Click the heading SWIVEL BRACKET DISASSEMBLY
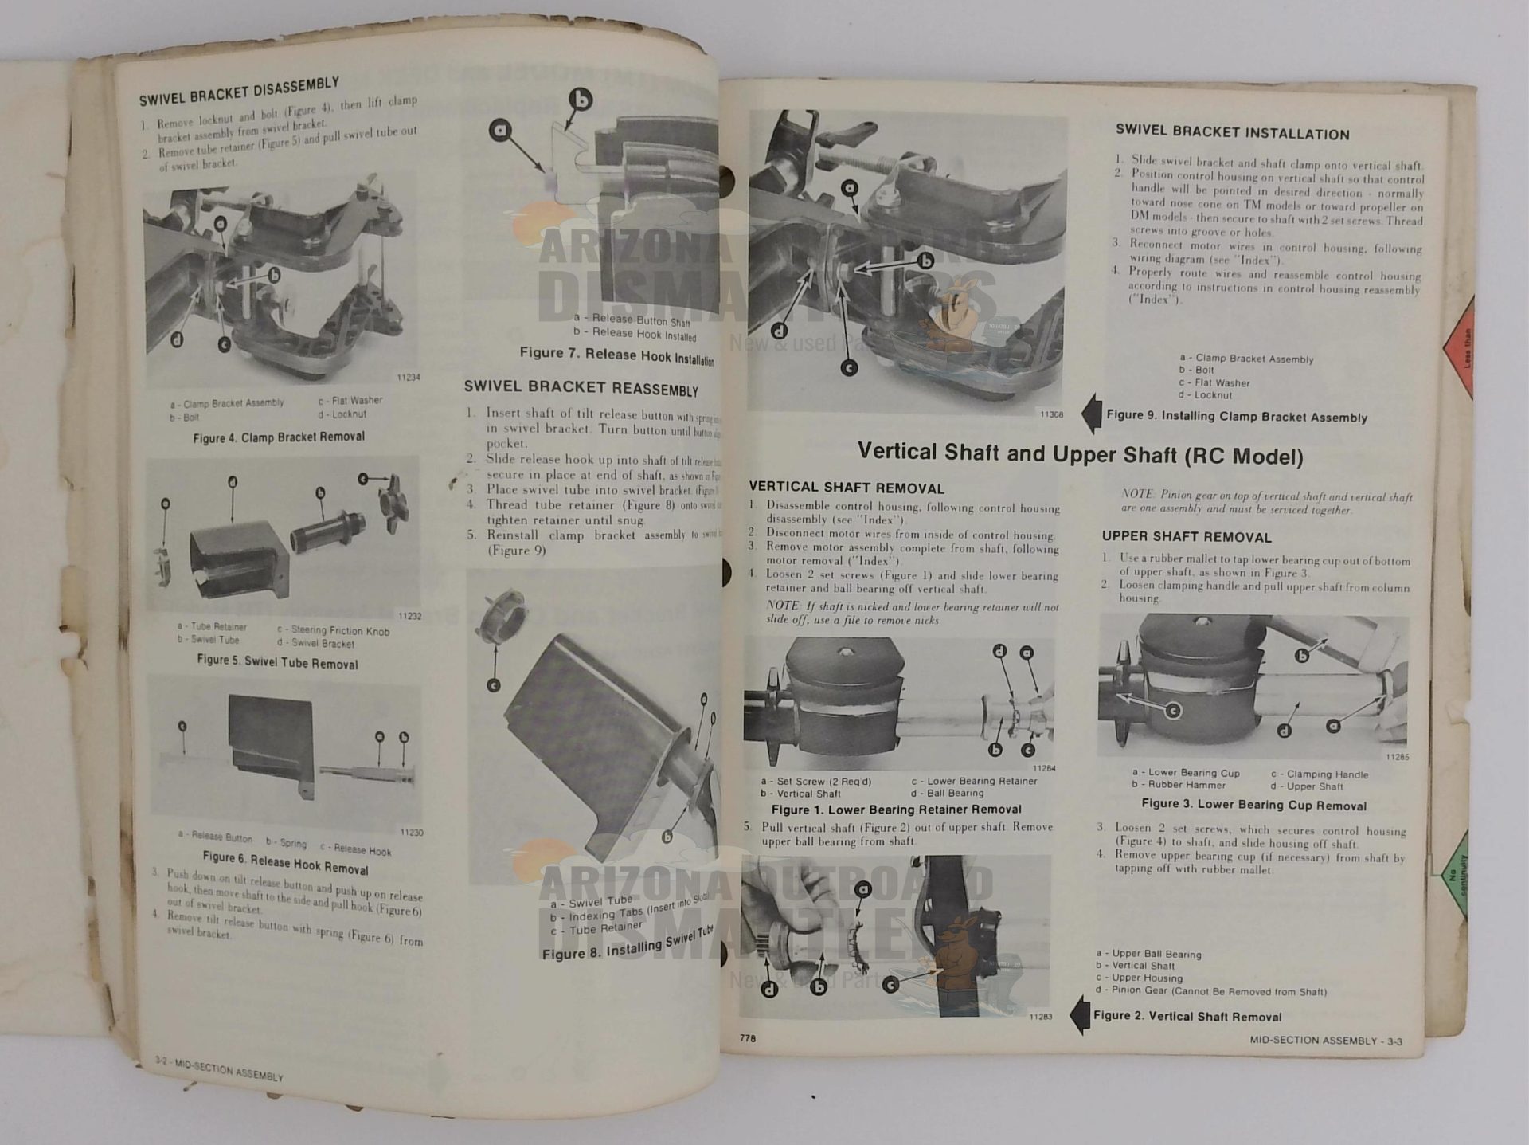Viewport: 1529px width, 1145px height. click(x=239, y=92)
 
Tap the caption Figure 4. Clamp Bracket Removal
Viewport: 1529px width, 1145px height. click(x=279, y=437)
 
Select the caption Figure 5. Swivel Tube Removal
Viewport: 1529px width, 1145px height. click(x=277, y=662)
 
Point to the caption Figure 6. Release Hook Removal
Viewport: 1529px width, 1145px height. click(x=285, y=863)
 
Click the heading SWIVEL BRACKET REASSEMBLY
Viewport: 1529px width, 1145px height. click(x=581, y=388)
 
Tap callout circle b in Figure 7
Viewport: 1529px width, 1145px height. click(x=582, y=100)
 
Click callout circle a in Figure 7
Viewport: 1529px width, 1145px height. click(x=500, y=130)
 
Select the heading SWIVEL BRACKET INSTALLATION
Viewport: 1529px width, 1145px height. click(x=1232, y=133)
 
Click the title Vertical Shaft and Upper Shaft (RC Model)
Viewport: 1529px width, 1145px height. click(x=1080, y=455)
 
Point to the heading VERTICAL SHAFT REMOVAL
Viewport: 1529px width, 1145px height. click(x=846, y=488)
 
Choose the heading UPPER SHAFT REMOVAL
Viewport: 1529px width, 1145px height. click(x=1187, y=537)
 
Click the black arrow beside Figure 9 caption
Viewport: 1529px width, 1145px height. click(x=1091, y=414)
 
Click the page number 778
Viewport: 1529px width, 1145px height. click(x=747, y=1038)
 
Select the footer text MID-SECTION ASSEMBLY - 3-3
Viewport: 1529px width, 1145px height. click(x=1325, y=1041)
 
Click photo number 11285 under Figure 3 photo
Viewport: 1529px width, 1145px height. click(x=1397, y=757)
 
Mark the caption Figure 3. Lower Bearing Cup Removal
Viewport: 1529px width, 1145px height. click(x=1253, y=805)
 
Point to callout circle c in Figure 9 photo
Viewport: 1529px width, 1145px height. click(x=849, y=368)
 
